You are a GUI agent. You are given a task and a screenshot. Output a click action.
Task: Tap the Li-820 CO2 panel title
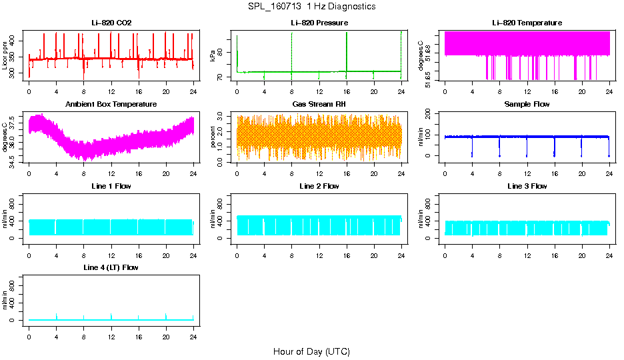[x=111, y=23]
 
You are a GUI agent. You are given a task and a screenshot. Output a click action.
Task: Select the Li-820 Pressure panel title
[x=319, y=23]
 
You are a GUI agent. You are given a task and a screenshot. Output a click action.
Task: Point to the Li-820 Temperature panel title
[x=527, y=23]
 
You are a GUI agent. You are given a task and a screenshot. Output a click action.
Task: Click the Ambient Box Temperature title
[x=111, y=104]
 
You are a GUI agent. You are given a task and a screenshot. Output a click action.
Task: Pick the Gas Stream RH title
[x=319, y=104]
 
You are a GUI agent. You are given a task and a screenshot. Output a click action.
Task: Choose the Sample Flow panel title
[x=527, y=104]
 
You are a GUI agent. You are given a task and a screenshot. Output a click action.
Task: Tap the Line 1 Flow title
[x=111, y=186]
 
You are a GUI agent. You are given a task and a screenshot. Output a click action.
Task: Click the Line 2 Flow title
[x=319, y=186]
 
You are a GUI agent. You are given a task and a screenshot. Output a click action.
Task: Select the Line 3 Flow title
[x=527, y=186]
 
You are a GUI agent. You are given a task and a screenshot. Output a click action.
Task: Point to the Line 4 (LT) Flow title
[x=111, y=267]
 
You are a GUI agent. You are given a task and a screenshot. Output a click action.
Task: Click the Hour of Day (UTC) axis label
[x=311, y=351]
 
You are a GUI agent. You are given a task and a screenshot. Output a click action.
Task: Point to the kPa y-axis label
[x=214, y=56]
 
